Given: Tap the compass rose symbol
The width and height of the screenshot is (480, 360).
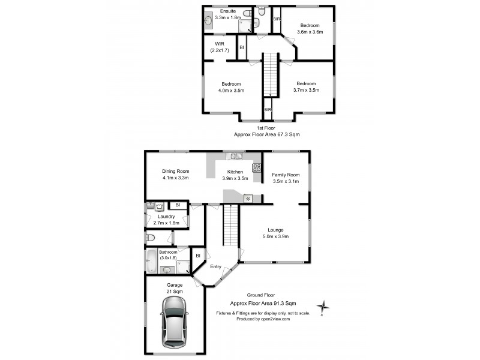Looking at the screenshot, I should coord(324,308).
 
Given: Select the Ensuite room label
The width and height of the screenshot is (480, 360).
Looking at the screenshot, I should coord(228,11).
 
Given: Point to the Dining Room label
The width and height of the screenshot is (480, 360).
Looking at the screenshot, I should coord(175,172).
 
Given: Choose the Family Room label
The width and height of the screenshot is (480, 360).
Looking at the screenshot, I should coord(286,175).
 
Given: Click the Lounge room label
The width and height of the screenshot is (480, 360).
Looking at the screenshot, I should coord(276,230).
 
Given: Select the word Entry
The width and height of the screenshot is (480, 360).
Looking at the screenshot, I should coord(215,267).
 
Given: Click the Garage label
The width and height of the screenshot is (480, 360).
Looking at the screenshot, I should coord(175,285).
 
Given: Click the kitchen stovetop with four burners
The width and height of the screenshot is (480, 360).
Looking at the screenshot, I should coord(256,169).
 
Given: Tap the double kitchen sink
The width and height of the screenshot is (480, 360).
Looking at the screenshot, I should coord(234,157).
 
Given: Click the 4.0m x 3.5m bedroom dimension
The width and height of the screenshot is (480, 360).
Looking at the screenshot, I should coord(231,90).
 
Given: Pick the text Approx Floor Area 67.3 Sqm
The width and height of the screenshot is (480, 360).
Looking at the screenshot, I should coord(269,135).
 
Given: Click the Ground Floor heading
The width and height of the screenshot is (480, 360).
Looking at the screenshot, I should coord(262,295).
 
